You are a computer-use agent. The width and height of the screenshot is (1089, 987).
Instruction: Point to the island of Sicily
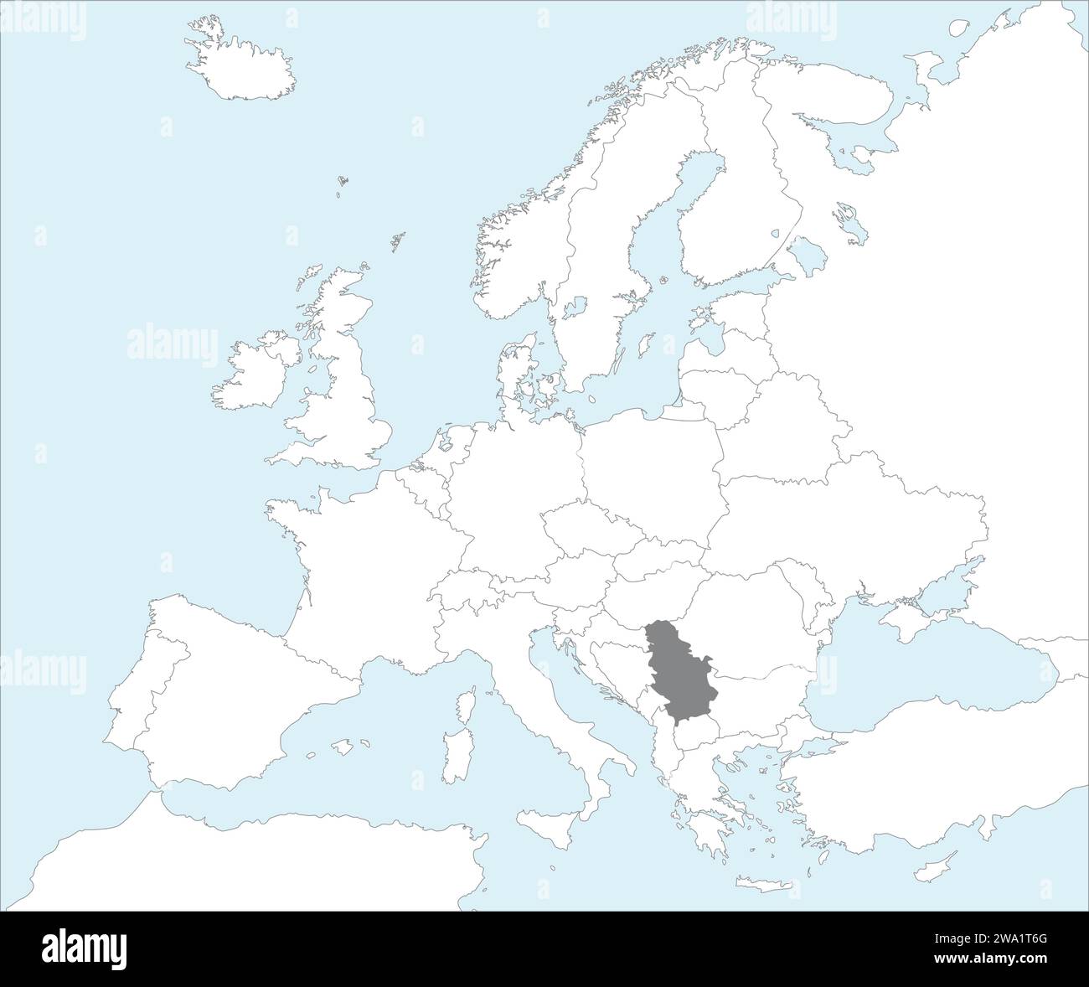(x=544, y=817)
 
